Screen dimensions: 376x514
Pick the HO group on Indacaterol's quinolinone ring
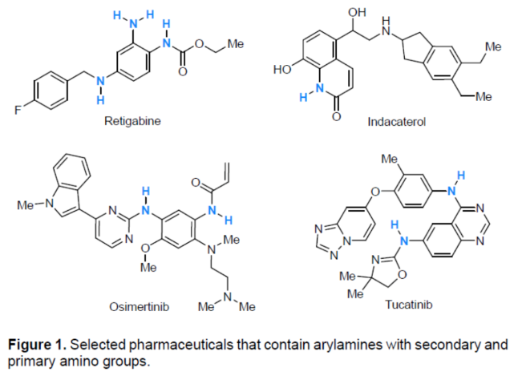pos(285,70)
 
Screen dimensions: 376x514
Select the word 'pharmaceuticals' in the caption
pos(171,345)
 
